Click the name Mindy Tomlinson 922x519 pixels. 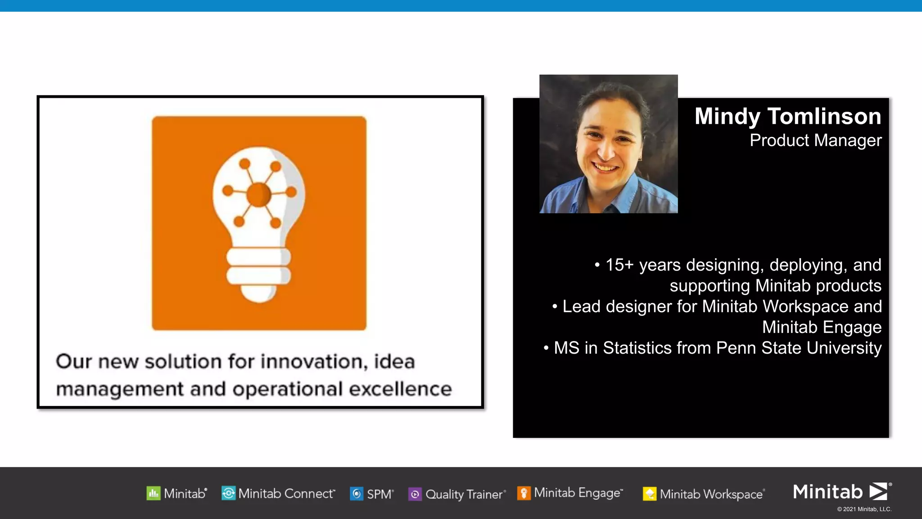pos(787,116)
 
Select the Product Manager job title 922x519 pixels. pos(815,141)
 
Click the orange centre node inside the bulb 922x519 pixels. pos(259,195)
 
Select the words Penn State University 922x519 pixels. pos(799,348)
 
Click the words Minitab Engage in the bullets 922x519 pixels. pos(822,327)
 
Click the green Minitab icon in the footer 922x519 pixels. pos(154,494)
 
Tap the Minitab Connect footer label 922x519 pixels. pos(286,494)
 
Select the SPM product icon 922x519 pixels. pos(357,494)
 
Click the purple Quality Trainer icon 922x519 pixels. pos(415,494)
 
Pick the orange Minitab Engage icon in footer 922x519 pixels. pos(524,493)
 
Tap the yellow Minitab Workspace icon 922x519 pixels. pos(649,494)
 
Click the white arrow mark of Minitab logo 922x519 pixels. pos(878,491)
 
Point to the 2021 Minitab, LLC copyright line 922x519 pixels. pos(864,509)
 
